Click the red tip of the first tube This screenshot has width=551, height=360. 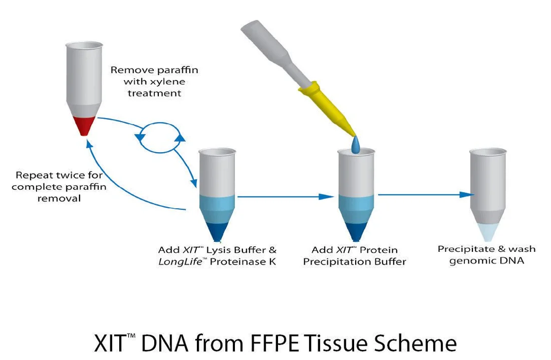point(84,125)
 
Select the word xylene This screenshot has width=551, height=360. point(167,82)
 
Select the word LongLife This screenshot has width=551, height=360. point(180,262)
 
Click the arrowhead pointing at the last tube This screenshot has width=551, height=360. point(466,194)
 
